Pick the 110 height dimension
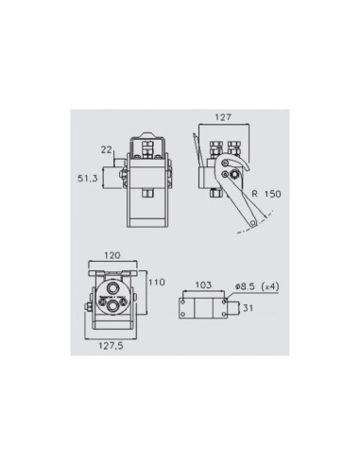click(157, 283)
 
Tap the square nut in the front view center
click(149, 196)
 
